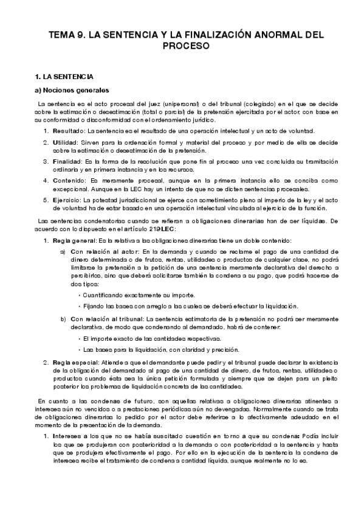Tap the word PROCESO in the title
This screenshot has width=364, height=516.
(182, 46)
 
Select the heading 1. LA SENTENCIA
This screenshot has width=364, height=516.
(64, 77)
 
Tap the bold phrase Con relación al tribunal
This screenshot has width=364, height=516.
(107, 318)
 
